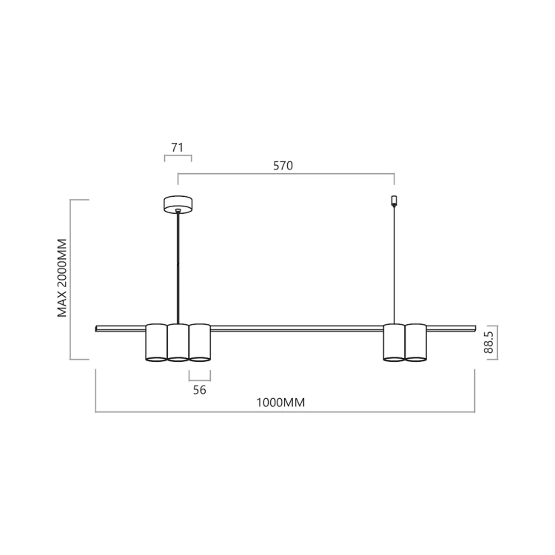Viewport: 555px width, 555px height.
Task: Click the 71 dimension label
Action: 177,147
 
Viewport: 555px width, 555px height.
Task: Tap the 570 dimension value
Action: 283,166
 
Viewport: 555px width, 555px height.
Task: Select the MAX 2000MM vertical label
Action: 62,277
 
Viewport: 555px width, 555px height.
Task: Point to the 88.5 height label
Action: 488,343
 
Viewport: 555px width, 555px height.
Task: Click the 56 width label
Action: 199,390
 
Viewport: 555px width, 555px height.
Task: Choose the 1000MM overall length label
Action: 280,403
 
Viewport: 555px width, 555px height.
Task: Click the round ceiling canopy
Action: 178,204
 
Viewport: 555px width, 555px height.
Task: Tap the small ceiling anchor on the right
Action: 394,201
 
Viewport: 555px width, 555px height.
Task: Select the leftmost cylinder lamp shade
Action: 156,343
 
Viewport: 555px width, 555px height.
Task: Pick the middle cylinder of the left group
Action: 178,343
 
